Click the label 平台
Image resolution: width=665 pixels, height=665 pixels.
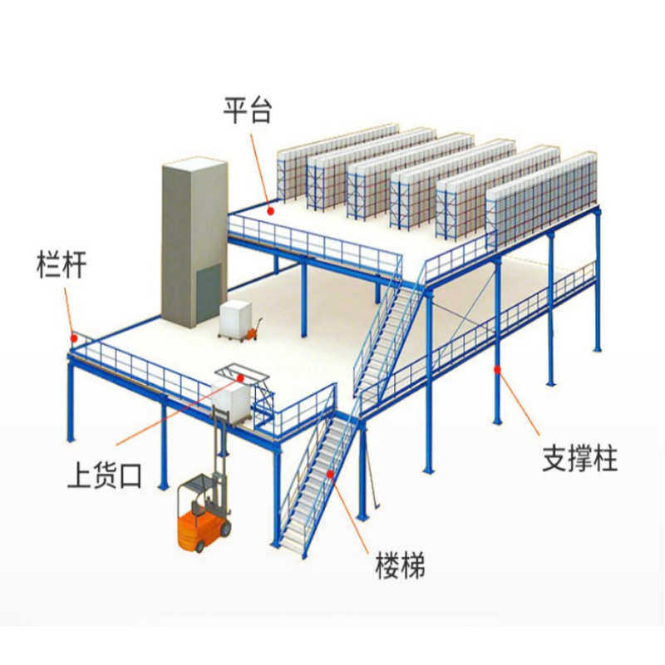pos(247,109)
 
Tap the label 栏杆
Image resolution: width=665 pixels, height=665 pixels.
pos(62,265)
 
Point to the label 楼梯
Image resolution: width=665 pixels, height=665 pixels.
pos(399,569)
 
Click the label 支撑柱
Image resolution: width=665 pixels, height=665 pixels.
pos(579,458)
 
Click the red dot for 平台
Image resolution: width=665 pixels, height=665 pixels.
pos(269,211)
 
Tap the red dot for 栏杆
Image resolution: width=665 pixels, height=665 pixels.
pos(75,337)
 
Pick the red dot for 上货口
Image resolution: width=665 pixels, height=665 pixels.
pos(240,377)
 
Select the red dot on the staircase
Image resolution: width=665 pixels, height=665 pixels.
pos(330,474)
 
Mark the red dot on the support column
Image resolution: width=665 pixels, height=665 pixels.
pos(497,368)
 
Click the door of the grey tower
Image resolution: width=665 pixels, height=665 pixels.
pos(208,292)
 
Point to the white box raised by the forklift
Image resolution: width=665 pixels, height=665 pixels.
pos(232,401)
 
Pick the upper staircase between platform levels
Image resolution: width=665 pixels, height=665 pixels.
pos(386,337)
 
